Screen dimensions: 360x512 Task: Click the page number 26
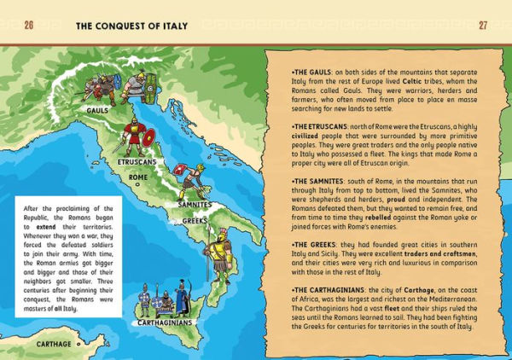(x=28, y=25)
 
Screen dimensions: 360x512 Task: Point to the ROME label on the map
(x=138, y=177)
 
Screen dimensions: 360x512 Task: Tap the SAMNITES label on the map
(x=195, y=205)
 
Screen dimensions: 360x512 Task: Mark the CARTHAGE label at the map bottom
(x=55, y=344)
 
